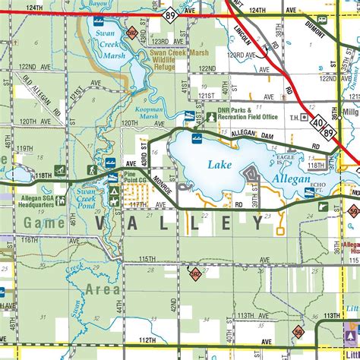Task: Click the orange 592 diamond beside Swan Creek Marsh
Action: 131,33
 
